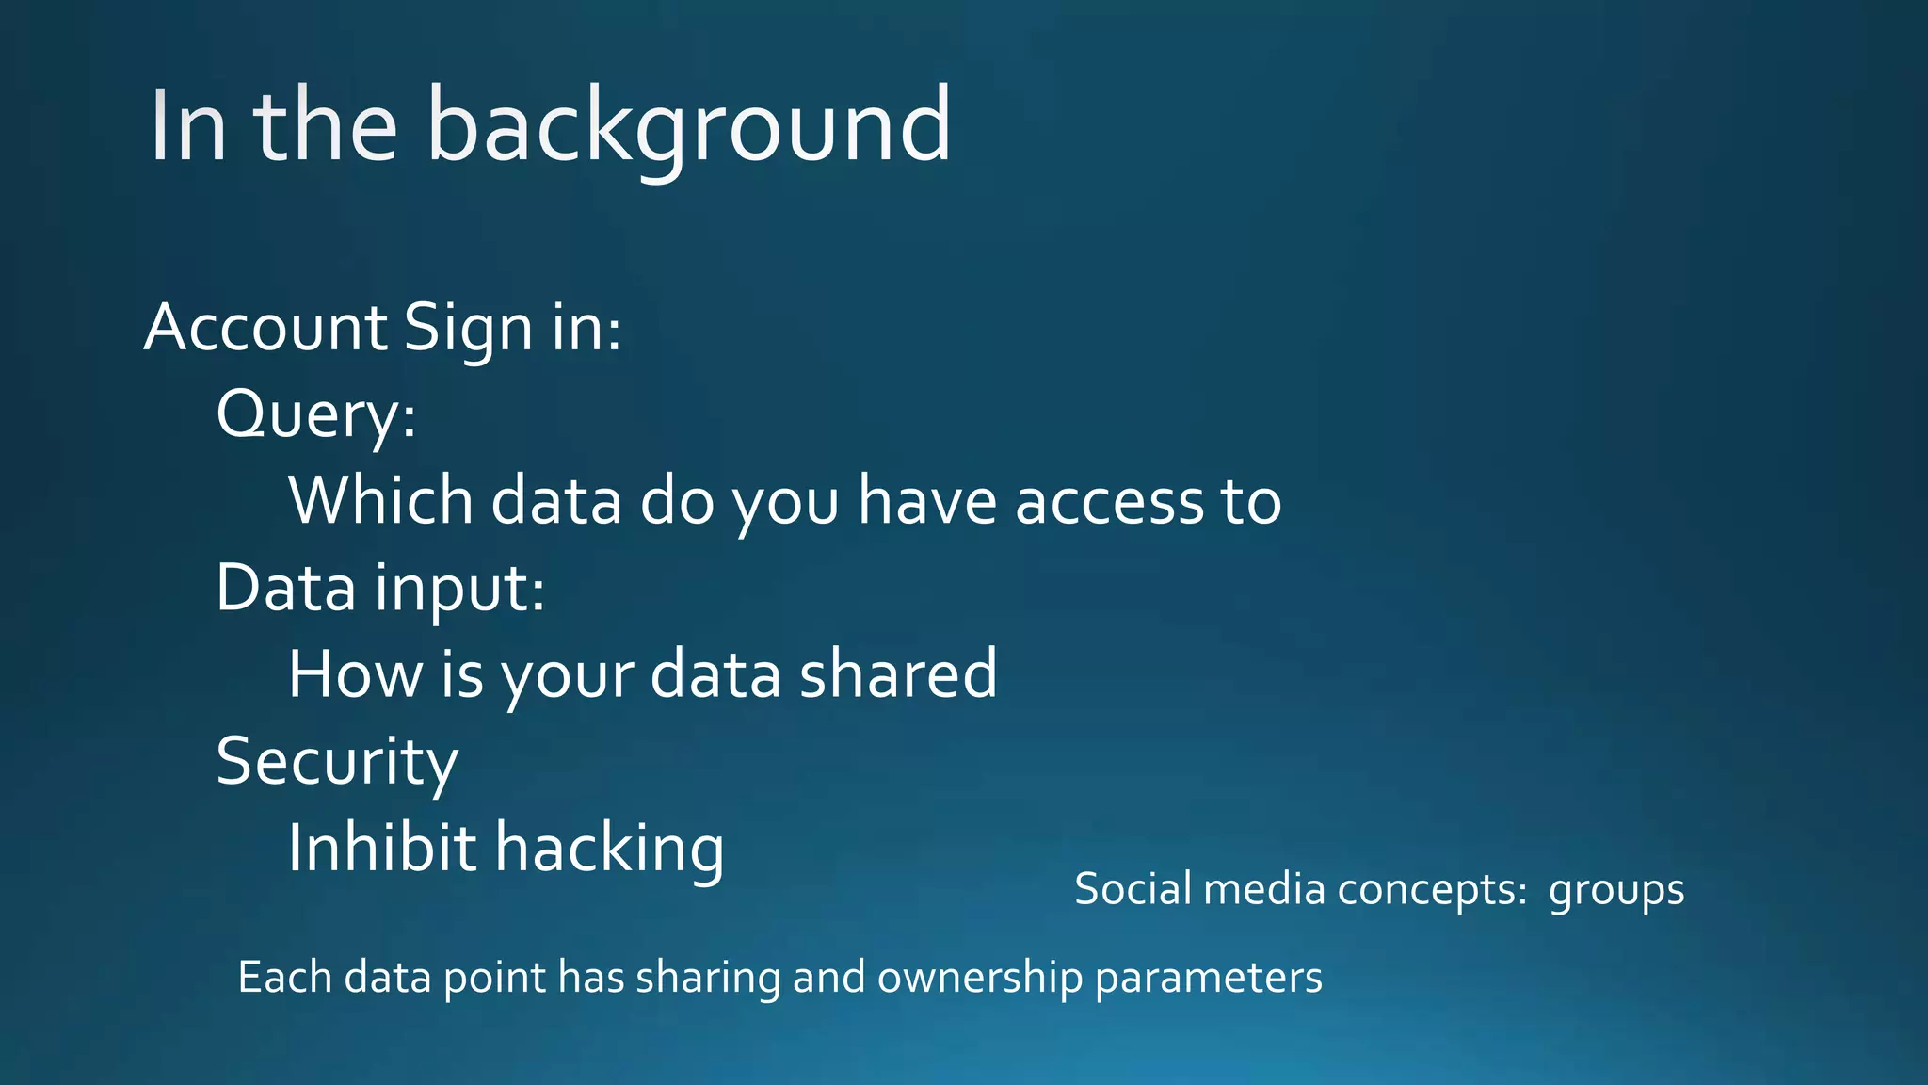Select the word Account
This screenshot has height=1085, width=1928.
[x=265, y=328]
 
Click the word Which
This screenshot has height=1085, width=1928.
[x=380, y=500]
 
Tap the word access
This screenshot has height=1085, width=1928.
[x=1109, y=502]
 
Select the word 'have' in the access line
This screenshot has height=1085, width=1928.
[x=926, y=500]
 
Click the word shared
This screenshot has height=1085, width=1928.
[x=897, y=674]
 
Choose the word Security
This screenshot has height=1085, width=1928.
[x=337, y=761]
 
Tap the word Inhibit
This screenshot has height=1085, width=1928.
[x=381, y=848]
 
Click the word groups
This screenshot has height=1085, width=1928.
[x=1615, y=891]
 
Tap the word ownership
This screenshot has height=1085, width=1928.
[x=979, y=978]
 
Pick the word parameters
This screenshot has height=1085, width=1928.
[x=1208, y=978]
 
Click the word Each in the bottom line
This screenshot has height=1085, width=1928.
[x=284, y=977]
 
